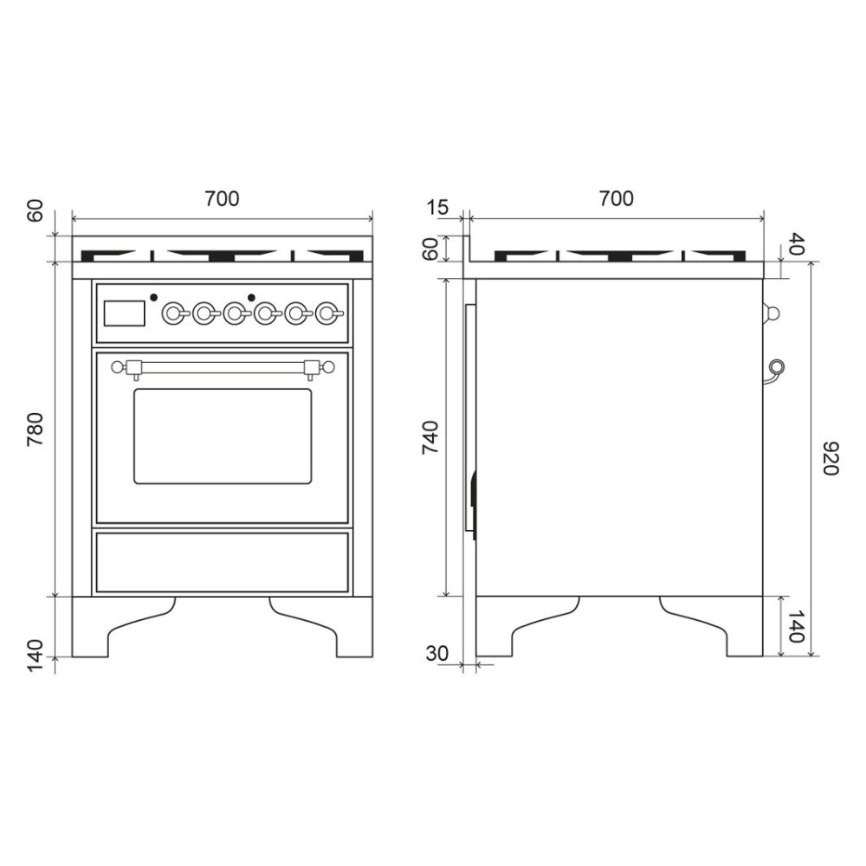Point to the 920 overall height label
point(829,458)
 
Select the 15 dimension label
point(438,208)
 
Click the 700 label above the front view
point(222,198)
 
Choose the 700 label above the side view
point(616,198)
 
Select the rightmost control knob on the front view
point(326,313)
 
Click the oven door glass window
point(223,436)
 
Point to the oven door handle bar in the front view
point(223,368)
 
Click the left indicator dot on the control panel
point(153,297)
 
